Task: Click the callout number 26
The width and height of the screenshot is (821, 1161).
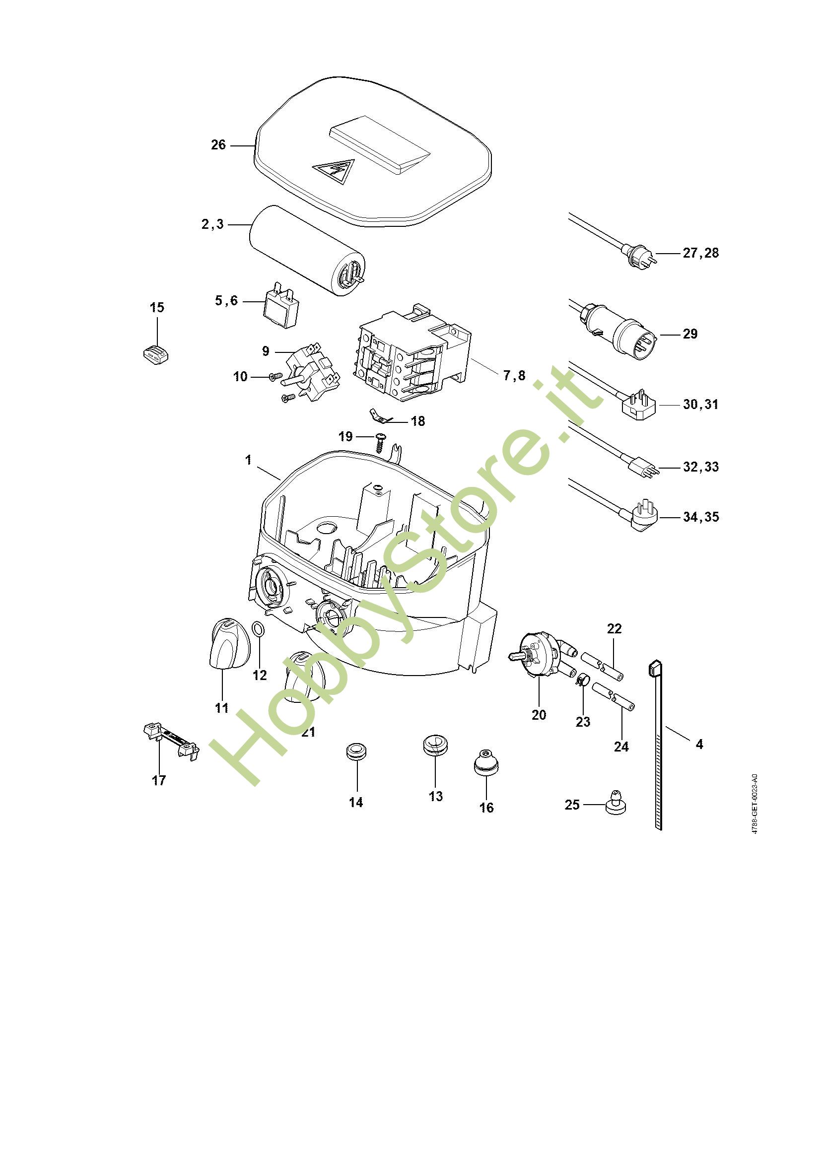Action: coord(218,145)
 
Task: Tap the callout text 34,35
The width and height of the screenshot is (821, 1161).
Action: coord(701,517)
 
